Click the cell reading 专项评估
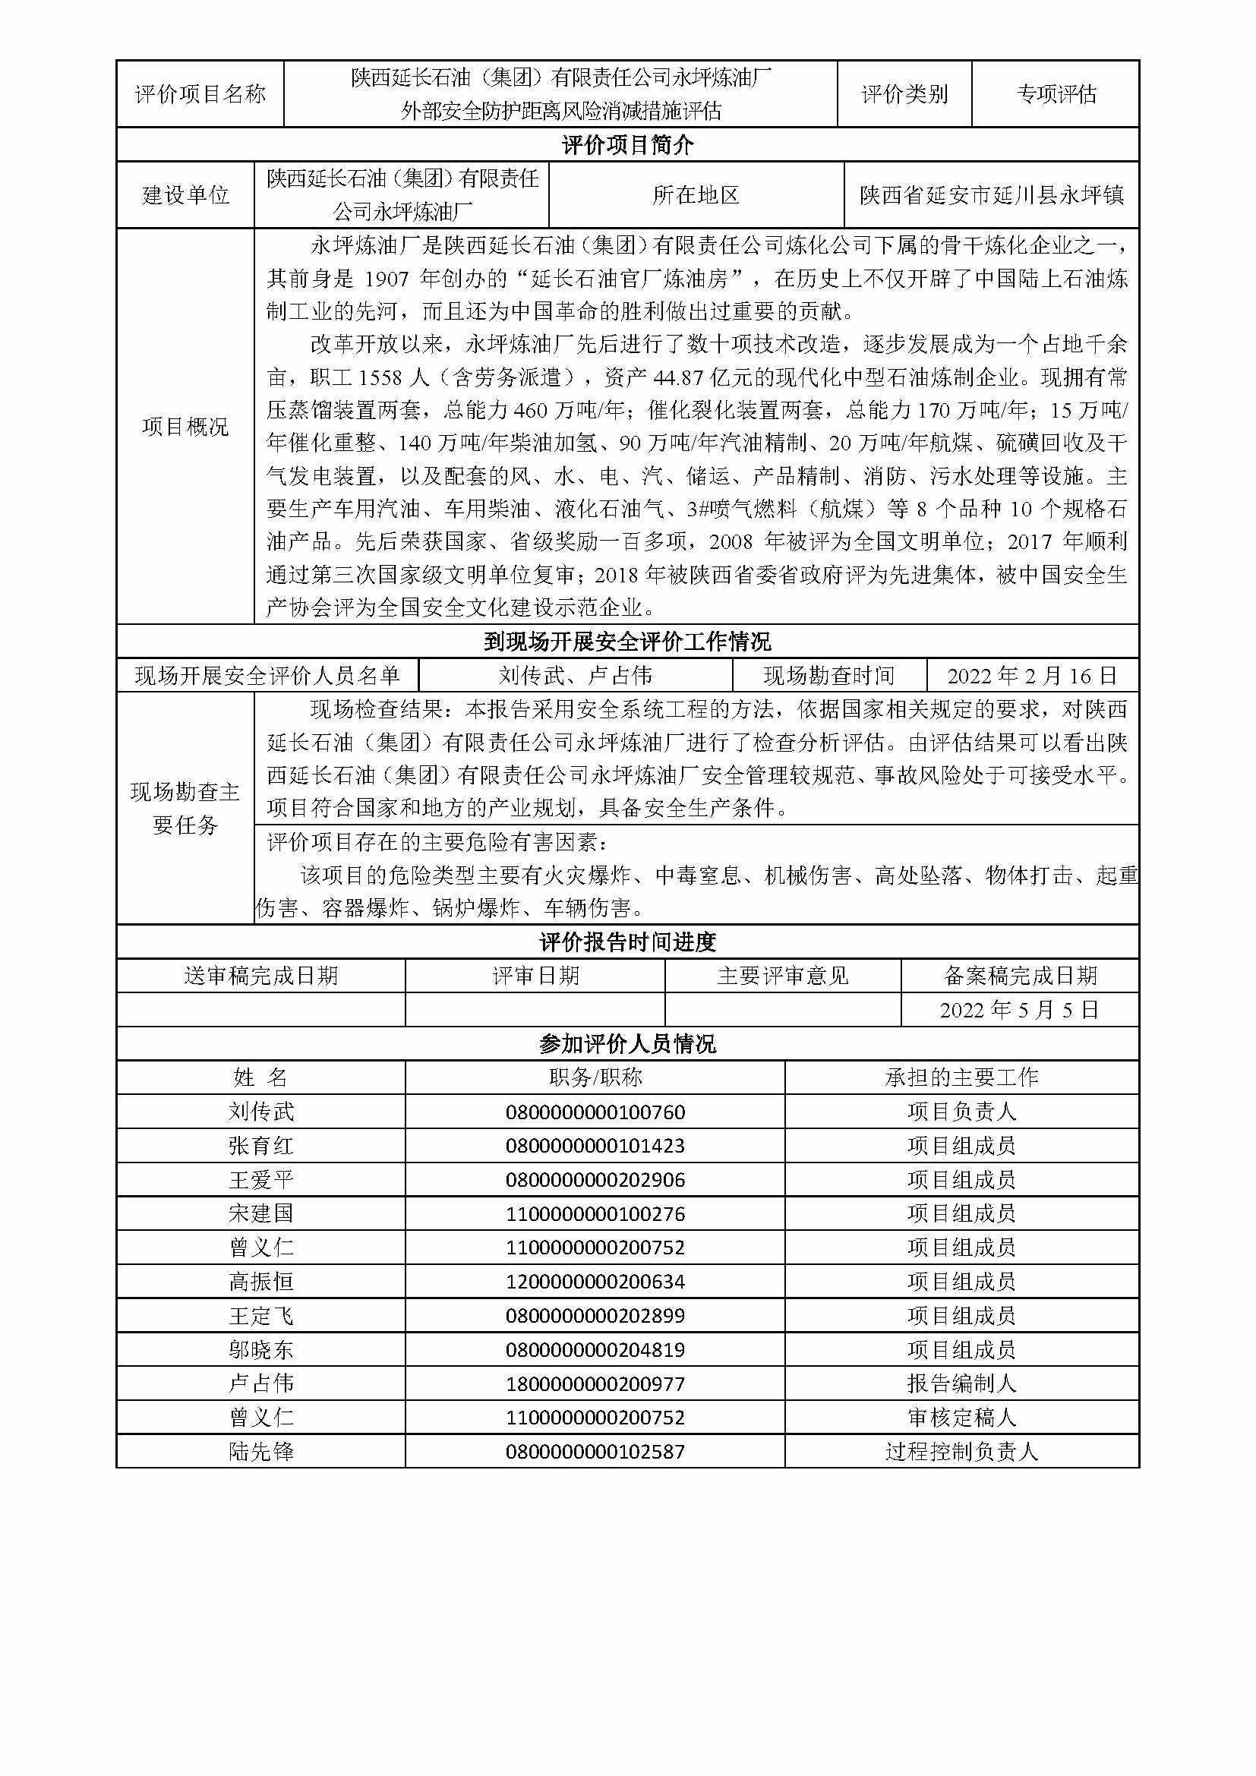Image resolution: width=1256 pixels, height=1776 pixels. tap(1056, 94)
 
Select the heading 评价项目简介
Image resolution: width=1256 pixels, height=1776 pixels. tap(627, 145)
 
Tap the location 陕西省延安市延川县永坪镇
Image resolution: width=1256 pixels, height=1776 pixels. tap(992, 195)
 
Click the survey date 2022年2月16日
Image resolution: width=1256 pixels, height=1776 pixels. tap(1032, 676)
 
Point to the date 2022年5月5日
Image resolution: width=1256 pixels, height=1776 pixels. tap(1019, 1009)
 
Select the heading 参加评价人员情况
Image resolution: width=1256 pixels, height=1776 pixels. tap(627, 1044)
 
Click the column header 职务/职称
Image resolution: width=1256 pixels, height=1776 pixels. tap(595, 1077)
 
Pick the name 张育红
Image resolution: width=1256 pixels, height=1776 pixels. tap(260, 1146)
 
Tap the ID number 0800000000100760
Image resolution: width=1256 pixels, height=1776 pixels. tap(595, 1112)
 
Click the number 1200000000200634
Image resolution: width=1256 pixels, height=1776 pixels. tap(595, 1282)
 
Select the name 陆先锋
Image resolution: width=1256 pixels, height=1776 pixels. tap(260, 1451)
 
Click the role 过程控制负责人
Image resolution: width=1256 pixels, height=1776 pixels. tap(961, 1451)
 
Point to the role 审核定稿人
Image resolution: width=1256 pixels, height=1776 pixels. tap(961, 1417)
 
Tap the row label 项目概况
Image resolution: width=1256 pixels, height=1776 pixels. tap(185, 426)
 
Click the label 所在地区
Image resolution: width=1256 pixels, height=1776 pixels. tap(696, 195)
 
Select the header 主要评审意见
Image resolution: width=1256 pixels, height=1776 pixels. tap(783, 976)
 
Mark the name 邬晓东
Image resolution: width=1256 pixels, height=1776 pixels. tap(260, 1350)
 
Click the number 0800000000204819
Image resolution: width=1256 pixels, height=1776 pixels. tap(595, 1350)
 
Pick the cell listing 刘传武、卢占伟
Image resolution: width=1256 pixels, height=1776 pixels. tap(576, 676)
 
